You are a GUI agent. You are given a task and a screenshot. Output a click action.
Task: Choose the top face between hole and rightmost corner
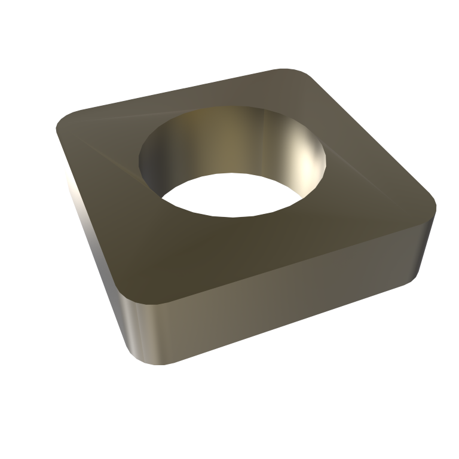click(377, 197)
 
